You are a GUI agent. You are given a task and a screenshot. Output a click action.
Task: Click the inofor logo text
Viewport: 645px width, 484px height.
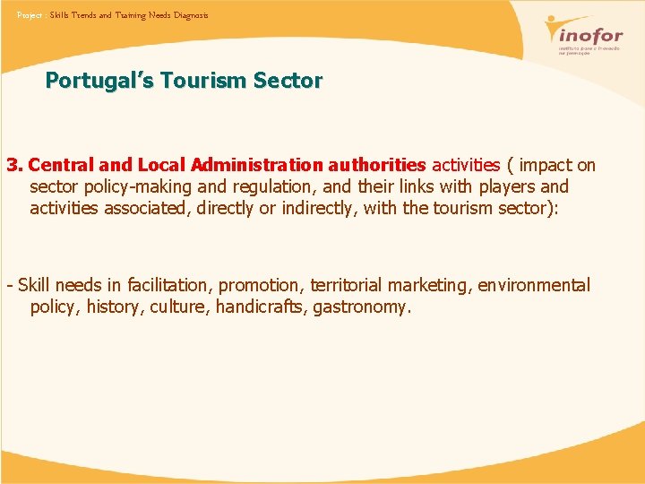click(x=587, y=37)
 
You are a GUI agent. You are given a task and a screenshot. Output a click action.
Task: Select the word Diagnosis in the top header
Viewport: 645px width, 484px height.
click(x=191, y=15)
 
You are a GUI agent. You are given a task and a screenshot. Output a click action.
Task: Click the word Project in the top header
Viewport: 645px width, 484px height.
click(x=30, y=15)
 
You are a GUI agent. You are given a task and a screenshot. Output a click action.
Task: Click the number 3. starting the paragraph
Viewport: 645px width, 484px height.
click(x=14, y=165)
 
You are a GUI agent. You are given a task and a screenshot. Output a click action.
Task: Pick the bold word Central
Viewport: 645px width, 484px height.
click(x=60, y=165)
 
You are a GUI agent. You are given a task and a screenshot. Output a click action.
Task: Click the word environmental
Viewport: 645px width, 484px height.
click(x=534, y=285)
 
